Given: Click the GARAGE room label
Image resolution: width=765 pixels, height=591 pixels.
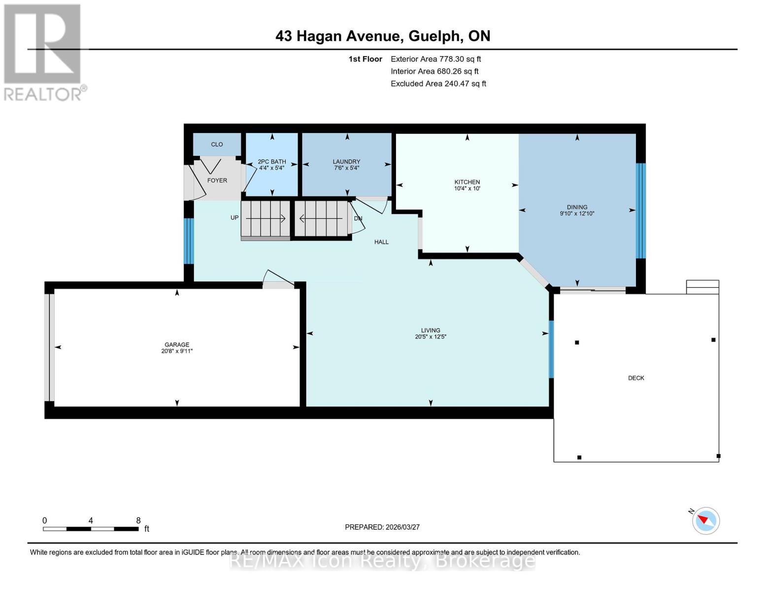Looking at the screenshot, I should coord(177,345).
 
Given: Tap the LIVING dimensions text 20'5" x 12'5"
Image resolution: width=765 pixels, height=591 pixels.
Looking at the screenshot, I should coord(431,337).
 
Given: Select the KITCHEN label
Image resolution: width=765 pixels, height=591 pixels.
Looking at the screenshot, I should coord(467,182).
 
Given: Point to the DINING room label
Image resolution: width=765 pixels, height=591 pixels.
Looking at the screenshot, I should coord(577,207).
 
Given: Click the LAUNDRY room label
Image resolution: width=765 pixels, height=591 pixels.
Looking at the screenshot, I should coord(346,162).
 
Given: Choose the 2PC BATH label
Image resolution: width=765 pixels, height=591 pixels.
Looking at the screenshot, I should coord(271,162).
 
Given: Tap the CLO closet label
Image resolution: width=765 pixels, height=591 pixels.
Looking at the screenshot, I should coord(217,144).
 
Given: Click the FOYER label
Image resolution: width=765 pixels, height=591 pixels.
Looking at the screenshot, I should coord(217,180).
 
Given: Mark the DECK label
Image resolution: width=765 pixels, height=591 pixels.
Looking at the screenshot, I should coord(636,378).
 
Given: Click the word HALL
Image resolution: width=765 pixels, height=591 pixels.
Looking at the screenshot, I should coord(381,242).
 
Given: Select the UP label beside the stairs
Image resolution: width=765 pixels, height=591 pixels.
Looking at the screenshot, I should coord(234,218).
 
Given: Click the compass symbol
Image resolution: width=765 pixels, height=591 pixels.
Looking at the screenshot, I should coord(706,521).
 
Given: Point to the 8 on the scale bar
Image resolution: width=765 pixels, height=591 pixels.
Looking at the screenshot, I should coord(138,521).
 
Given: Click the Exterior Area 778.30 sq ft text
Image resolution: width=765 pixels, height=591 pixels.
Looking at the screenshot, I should coord(435,59).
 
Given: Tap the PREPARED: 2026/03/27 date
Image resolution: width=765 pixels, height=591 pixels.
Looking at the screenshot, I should coord(382,527).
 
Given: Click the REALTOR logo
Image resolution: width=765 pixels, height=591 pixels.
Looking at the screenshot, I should coord(43,52).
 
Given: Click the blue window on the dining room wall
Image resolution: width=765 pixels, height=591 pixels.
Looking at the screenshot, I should coord(640,211).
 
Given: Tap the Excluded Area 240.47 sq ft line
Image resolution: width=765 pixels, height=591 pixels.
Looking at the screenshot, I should coord(438,84).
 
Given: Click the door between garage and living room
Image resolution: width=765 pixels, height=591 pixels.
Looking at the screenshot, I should coord(278,280).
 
